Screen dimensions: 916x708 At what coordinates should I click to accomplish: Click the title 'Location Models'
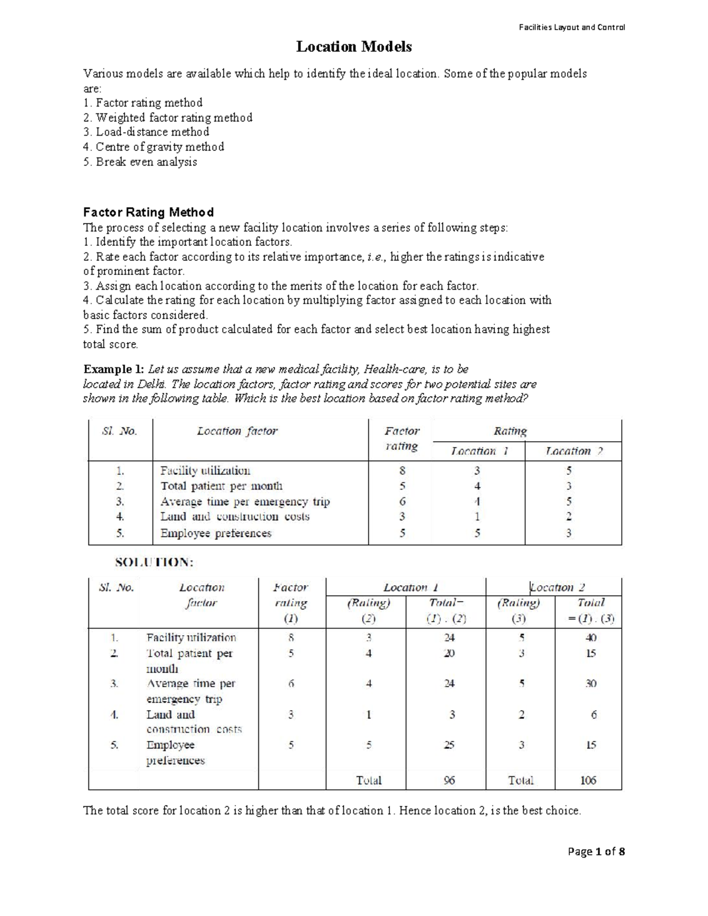click(x=353, y=47)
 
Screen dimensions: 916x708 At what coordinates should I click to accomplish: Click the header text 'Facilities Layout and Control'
click(x=572, y=27)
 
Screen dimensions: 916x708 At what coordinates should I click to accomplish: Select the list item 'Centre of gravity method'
click(x=154, y=147)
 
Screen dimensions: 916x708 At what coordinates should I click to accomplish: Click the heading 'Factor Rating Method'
click(x=148, y=212)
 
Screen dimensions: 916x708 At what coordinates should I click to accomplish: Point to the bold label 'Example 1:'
click(x=113, y=369)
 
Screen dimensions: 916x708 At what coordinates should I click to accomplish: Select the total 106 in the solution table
click(x=588, y=780)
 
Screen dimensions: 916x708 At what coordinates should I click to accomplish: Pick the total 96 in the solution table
click(x=449, y=780)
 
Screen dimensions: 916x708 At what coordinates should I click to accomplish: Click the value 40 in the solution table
click(x=591, y=638)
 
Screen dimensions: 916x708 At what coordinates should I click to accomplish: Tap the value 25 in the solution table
click(x=449, y=745)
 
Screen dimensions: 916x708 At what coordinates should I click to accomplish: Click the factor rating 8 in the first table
click(x=402, y=471)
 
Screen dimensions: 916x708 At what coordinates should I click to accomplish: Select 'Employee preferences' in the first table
click(x=216, y=533)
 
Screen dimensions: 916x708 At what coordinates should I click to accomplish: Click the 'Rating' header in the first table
click(x=510, y=431)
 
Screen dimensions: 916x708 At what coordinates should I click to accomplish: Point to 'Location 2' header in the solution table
click(x=558, y=587)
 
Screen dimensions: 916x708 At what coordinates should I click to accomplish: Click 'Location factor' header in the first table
click(x=237, y=431)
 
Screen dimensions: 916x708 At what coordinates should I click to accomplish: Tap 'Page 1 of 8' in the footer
click(x=596, y=851)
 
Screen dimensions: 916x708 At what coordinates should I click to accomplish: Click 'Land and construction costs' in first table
click(x=235, y=517)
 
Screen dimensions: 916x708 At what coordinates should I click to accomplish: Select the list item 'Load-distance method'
click(x=146, y=132)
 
